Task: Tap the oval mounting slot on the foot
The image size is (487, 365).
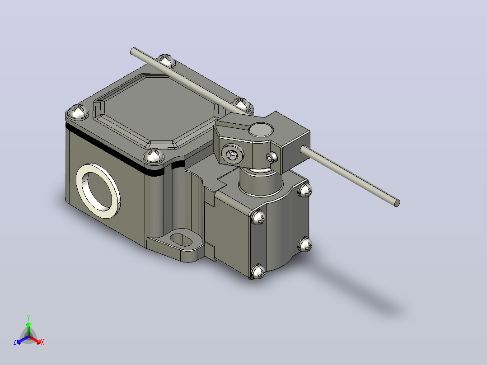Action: [181, 239]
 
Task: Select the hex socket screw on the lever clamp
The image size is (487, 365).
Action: [232, 154]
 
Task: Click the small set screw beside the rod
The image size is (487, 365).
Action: [272, 158]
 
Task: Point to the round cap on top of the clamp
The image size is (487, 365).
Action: [262, 130]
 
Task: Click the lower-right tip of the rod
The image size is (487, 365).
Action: [397, 203]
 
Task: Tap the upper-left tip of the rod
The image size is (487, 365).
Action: [133, 50]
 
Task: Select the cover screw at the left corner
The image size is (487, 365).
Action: [78, 112]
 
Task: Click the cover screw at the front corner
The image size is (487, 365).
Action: [155, 155]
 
